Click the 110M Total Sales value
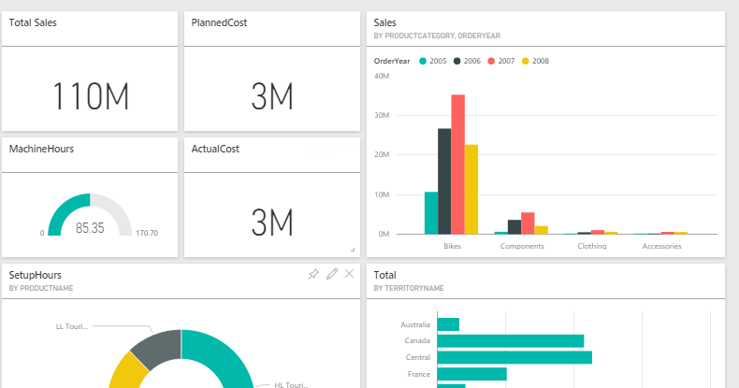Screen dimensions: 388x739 [x=90, y=96]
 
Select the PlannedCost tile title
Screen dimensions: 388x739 [x=220, y=22]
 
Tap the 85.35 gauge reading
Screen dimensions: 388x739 [x=90, y=227]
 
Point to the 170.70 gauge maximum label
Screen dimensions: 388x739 [x=147, y=233]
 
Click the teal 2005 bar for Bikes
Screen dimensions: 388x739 [x=430, y=212]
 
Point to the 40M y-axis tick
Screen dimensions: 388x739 [x=382, y=76]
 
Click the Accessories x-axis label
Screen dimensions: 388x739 [x=661, y=246]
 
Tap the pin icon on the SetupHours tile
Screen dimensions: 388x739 [x=313, y=274]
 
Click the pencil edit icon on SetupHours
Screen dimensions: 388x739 [x=331, y=274]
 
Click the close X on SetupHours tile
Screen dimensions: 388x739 [x=349, y=274]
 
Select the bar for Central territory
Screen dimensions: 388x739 [x=514, y=357]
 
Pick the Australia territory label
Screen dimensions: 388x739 [x=415, y=324]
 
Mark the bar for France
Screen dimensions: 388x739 [x=471, y=374]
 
